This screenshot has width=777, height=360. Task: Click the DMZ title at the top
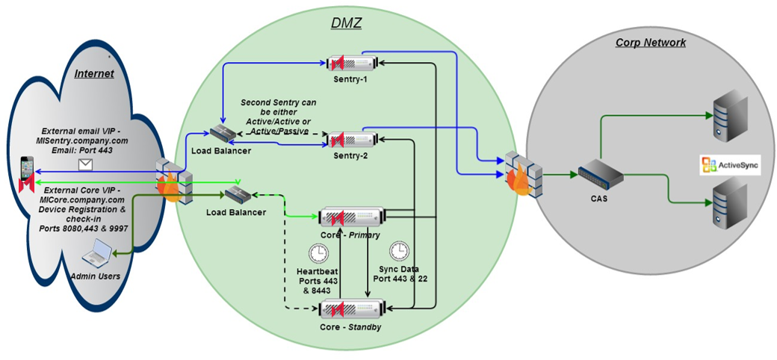[346, 22]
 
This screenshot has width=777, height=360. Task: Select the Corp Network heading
[650, 43]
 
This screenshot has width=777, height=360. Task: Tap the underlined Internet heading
[93, 73]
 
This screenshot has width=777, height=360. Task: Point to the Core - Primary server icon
[351, 217]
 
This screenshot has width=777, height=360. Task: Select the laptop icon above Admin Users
[97, 256]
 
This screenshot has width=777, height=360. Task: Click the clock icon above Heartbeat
[319, 252]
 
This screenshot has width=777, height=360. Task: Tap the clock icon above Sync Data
[399, 249]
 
